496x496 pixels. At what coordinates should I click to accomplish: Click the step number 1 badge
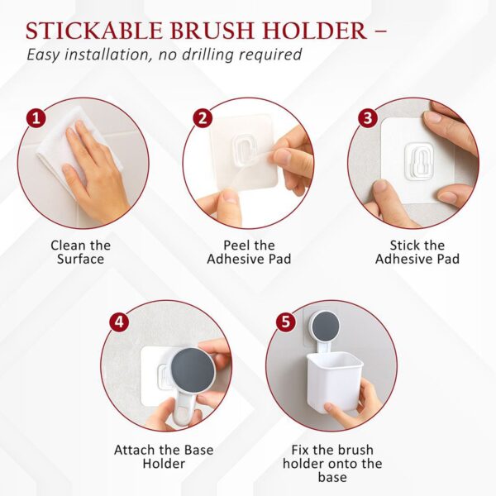tap(35, 117)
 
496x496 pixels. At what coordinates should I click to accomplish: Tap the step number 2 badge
tap(202, 117)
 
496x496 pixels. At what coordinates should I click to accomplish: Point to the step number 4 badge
tap(119, 322)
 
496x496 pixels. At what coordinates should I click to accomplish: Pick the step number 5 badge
tap(286, 322)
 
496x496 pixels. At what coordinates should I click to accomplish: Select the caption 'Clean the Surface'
tap(80, 252)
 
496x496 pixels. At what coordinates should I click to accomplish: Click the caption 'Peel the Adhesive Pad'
tap(249, 252)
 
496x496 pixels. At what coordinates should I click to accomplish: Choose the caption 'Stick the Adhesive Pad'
tap(417, 252)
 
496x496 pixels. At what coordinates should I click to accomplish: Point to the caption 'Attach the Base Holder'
tap(163, 457)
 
